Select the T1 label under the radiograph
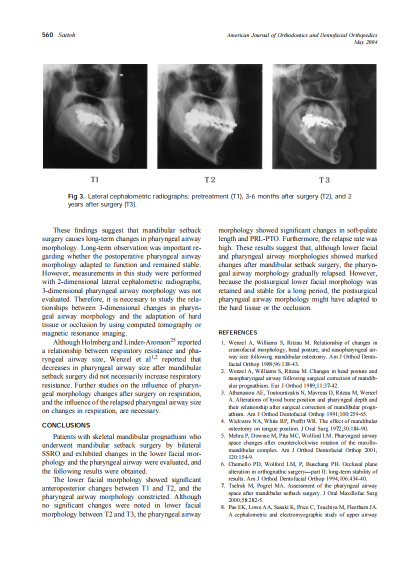click(x=94, y=178)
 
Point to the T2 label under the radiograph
click(x=209, y=179)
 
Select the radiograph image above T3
click(x=324, y=116)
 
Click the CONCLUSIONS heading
click(x=66, y=425)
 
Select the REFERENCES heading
click(x=238, y=332)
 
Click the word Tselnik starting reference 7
click(x=239, y=486)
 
